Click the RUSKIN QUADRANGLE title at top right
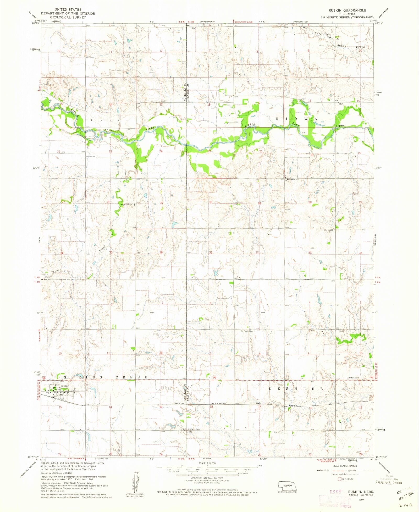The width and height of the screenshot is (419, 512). [347, 10]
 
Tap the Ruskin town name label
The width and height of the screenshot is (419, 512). [65, 386]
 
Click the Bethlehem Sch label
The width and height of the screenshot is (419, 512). [293, 180]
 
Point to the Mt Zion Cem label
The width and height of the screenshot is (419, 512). [126, 205]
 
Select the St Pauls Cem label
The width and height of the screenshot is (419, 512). [247, 331]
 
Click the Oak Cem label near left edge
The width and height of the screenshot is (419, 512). [50, 85]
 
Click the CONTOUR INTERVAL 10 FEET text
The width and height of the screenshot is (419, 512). [207, 478]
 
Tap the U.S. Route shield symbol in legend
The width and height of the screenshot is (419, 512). [340, 479]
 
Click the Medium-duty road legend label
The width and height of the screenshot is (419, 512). [323, 470]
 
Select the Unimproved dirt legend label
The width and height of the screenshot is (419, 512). [339, 474]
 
